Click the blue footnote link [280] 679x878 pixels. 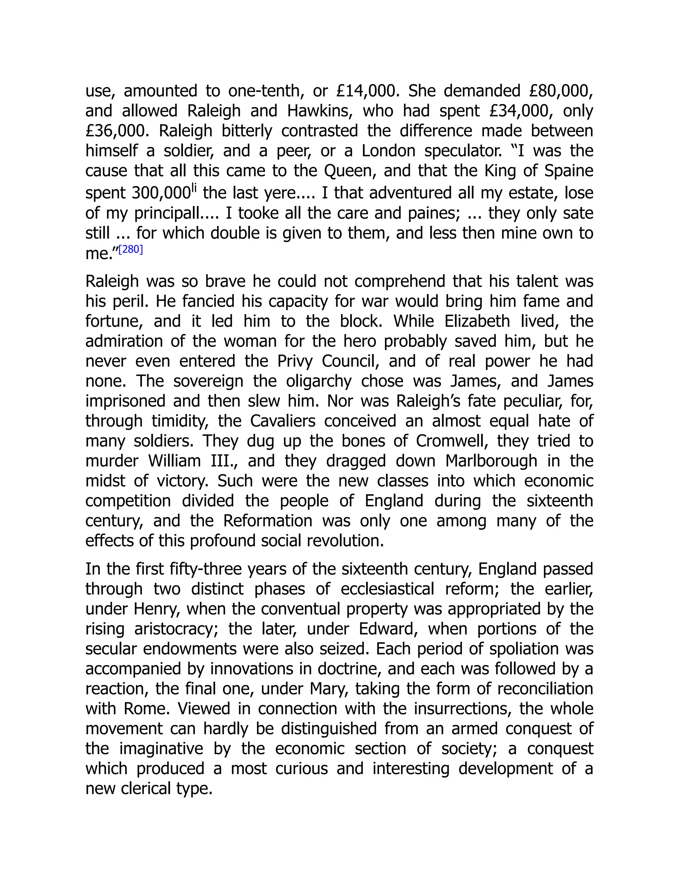point(131,250)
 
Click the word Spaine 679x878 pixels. point(569,171)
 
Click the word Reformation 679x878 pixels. point(268,521)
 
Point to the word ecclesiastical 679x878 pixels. point(387,589)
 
